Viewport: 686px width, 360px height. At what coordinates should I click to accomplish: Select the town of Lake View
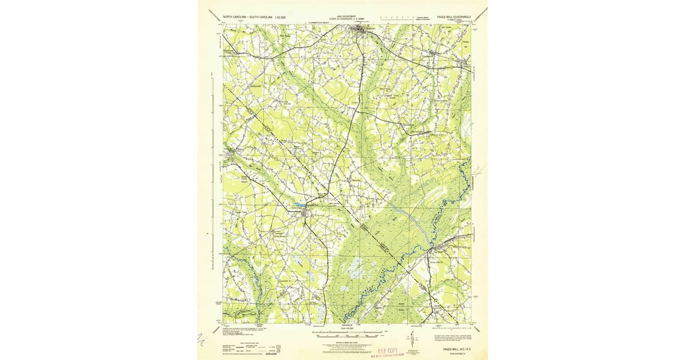(x=304, y=214)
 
